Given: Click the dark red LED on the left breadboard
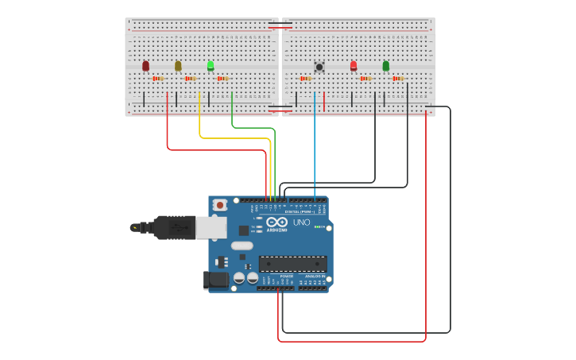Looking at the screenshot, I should [145, 66].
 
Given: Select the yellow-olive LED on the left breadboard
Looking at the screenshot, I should [178, 66].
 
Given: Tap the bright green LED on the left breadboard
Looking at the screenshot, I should [211, 66].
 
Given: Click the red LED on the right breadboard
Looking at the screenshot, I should [354, 66].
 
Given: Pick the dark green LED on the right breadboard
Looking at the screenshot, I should [386, 66].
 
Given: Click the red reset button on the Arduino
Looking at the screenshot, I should [219, 205].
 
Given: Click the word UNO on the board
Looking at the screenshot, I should [301, 223].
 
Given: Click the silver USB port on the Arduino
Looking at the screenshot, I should [211, 228].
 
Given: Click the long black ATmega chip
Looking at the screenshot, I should [292, 264].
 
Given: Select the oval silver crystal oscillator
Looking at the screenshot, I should [242, 246].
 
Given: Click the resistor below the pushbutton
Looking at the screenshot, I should [306, 79].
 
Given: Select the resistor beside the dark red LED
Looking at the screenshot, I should [158, 79].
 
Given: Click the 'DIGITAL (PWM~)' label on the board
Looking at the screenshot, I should [299, 211].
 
